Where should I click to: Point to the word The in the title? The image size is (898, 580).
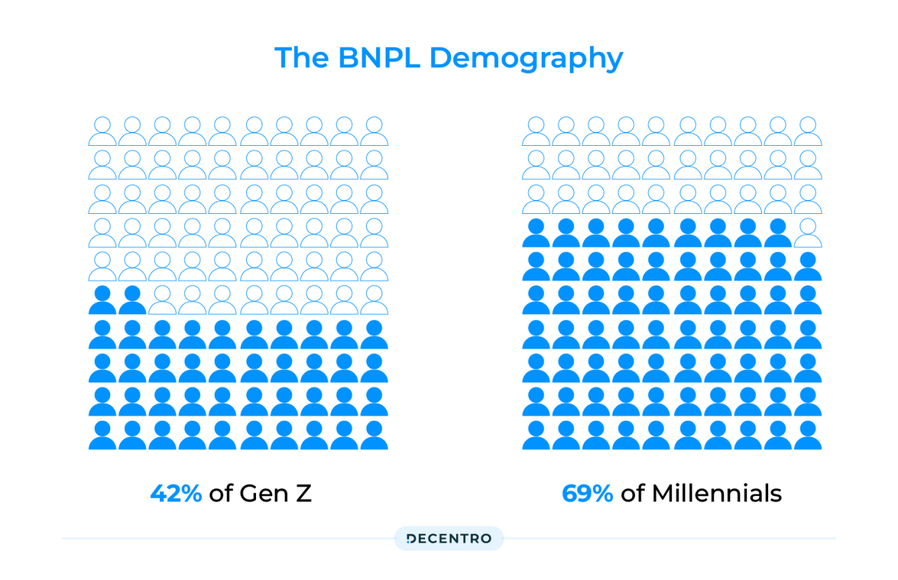point(302,58)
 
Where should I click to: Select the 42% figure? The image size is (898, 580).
point(176,494)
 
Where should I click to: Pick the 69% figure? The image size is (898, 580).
point(587,494)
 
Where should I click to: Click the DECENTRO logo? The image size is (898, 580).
point(449,539)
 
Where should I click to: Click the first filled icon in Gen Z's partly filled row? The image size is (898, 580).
point(102,300)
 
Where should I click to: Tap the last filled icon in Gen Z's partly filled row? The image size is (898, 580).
point(133,300)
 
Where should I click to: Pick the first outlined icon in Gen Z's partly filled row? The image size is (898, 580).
point(163,300)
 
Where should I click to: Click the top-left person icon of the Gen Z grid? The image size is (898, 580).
point(102,131)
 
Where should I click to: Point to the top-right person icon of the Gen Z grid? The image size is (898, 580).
point(374,131)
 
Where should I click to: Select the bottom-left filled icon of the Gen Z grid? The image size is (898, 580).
point(102,436)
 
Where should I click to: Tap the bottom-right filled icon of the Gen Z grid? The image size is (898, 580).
point(374,436)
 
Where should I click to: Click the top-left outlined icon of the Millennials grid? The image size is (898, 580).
point(536,131)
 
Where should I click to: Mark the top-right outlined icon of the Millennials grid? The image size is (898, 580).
point(807,131)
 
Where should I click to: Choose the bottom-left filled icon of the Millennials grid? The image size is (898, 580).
point(536,436)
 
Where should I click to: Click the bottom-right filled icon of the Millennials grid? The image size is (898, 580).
point(807,436)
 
